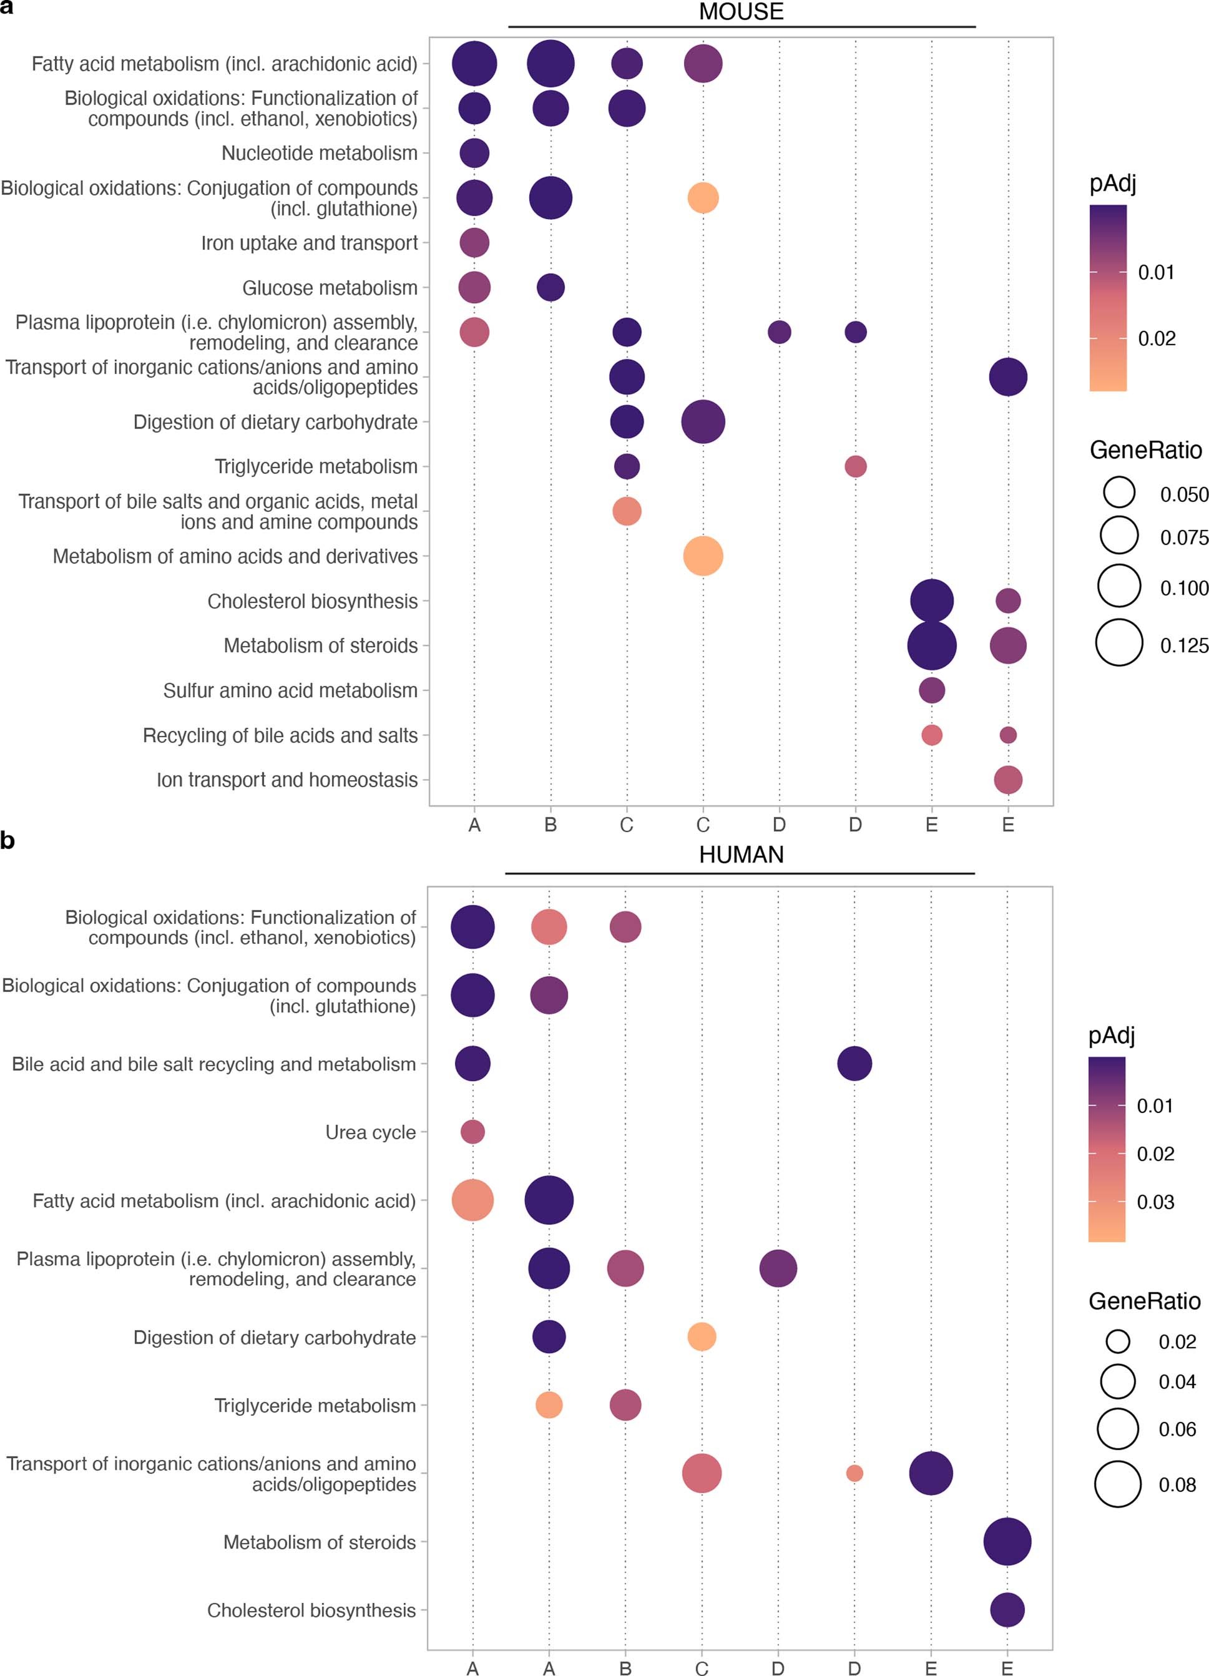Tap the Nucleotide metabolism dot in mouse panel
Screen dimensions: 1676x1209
(x=474, y=154)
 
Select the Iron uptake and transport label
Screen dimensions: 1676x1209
(x=309, y=243)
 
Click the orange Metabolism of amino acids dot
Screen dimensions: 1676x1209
(x=703, y=556)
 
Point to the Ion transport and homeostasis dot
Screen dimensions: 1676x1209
(x=1007, y=780)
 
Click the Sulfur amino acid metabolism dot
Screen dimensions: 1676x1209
(x=931, y=690)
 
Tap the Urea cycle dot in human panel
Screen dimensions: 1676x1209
(x=472, y=1132)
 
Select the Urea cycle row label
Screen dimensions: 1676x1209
(x=370, y=1133)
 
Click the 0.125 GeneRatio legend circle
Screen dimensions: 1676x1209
(x=1119, y=643)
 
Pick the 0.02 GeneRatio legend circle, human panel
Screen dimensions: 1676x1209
(x=1117, y=1341)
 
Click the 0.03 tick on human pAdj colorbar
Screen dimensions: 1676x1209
(x=1155, y=1202)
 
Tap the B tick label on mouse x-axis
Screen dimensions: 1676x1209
(x=550, y=825)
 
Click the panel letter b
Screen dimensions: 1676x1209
(x=7, y=841)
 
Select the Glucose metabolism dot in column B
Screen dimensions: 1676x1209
(x=550, y=288)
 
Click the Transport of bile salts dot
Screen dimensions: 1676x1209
(x=627, y=511)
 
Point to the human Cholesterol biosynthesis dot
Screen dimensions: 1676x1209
(x=1007, y=1610)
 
